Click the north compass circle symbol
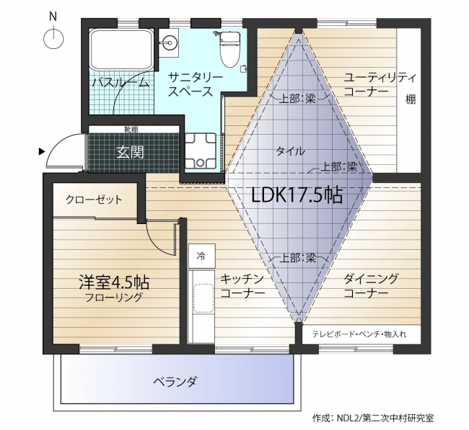54,37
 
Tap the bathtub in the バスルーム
120,51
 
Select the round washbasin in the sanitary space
171,41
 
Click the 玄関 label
131,152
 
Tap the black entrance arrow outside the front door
42,151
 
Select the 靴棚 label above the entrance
131,130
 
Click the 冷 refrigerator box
201,255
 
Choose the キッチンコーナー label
242,286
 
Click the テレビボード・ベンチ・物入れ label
359,334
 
